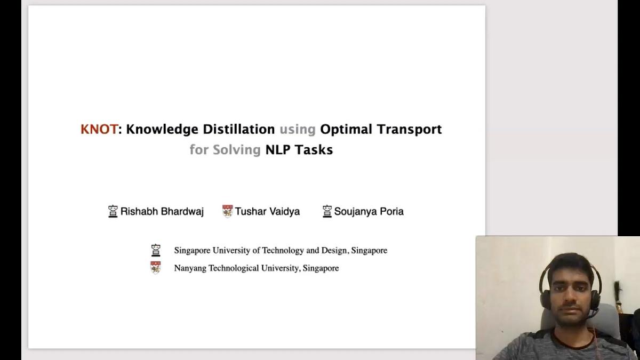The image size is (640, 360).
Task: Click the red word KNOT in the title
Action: [x=99, y=130]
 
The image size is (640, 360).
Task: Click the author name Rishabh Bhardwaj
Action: [x=162, y=212]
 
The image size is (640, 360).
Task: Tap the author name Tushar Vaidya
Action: [x=267, y=212]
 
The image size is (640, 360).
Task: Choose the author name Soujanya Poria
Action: [x=369, y=212]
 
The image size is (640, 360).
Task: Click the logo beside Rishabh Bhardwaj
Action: [x=113, y=211]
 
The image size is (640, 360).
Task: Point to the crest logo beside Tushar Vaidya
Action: [x=228, y=211]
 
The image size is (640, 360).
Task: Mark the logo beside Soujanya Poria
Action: [x=327, y=211]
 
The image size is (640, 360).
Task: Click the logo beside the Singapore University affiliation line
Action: [x=156, y=250]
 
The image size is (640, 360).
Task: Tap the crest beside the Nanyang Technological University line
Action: [x=156, y=268]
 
